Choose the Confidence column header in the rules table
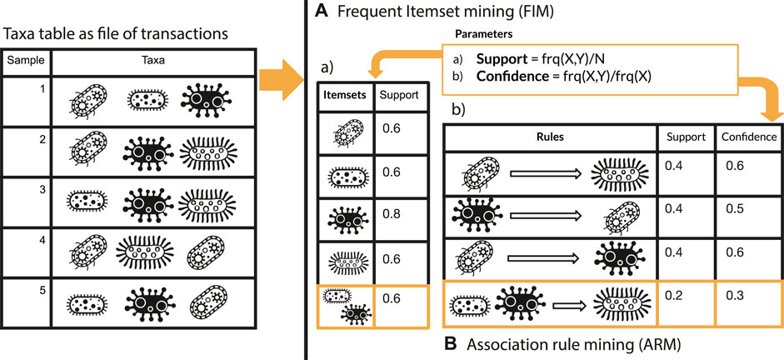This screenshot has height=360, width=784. click(x=751, y=136)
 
